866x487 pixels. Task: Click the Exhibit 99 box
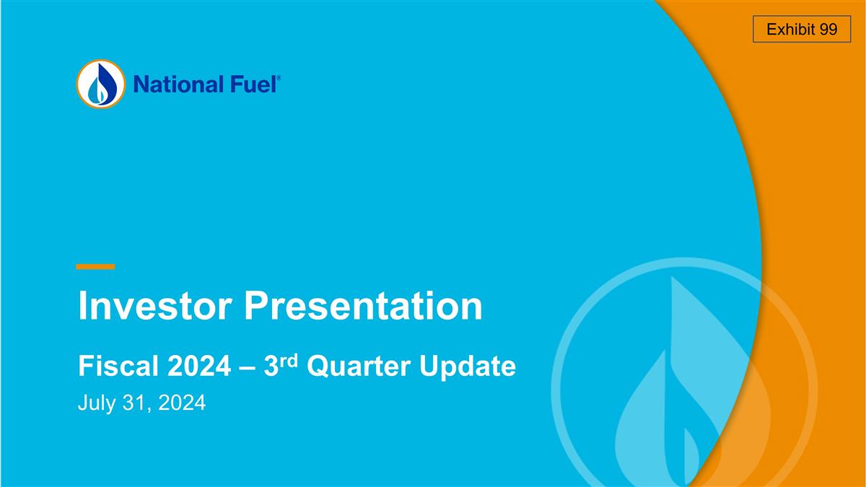point(802,30)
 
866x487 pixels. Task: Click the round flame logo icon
point(101,84)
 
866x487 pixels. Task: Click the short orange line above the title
point(95,266)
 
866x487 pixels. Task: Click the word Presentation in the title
point(362,307)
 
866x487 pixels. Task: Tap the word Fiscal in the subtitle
point(117,367)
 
